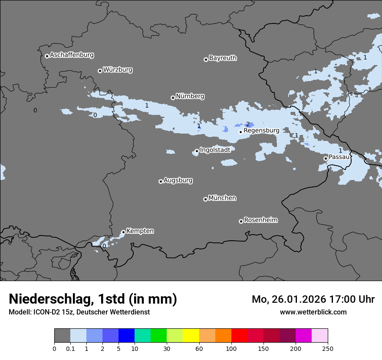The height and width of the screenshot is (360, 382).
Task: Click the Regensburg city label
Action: [261, 130]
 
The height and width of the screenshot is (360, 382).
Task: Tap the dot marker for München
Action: [205, 199]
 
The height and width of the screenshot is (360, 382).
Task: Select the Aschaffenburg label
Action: [72, 55]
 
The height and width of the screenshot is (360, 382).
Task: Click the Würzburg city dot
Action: [100, 71]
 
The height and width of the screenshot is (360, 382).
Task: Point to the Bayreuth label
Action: [223, 58]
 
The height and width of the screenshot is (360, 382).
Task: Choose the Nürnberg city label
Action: [190, 96]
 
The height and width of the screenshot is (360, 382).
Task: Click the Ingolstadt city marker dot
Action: [197, 151]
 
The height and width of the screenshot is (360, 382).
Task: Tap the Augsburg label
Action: [178, 180]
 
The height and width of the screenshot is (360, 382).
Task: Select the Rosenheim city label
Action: [260, 220]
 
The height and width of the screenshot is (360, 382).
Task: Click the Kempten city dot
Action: [123, 232]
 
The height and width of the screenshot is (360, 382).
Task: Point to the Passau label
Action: [339, 157]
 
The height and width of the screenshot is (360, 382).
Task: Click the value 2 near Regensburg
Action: [248, 124]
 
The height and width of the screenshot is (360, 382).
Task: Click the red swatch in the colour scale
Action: [239, 336]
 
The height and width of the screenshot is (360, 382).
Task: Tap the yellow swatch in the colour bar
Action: [191, 336]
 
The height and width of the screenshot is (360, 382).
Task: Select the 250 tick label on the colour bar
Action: [328, 349]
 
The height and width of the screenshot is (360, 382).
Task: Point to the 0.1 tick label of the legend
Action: [70, 349]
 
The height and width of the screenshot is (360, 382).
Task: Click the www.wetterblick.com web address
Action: [313, 312]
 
